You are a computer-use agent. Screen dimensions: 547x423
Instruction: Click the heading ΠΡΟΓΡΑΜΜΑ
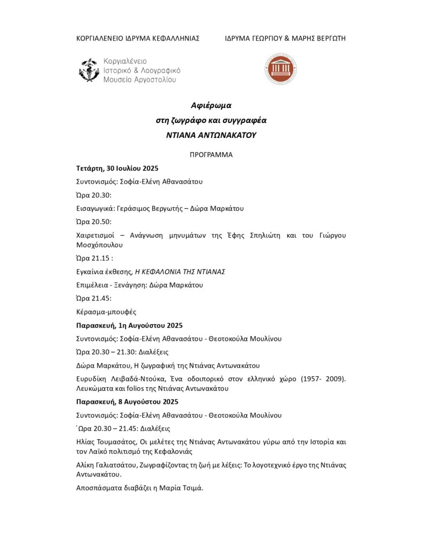point(211,155)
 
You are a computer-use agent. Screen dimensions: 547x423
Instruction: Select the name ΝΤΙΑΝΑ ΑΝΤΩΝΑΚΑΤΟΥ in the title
point(211,135)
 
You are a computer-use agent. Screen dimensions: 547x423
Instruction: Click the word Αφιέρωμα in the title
point(211,105)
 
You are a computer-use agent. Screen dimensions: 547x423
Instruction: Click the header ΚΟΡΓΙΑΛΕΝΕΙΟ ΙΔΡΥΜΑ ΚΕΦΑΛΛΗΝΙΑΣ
point(138,38)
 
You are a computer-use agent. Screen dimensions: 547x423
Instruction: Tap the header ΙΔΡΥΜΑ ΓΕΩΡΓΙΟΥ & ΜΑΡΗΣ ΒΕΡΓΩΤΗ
point(285,38)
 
